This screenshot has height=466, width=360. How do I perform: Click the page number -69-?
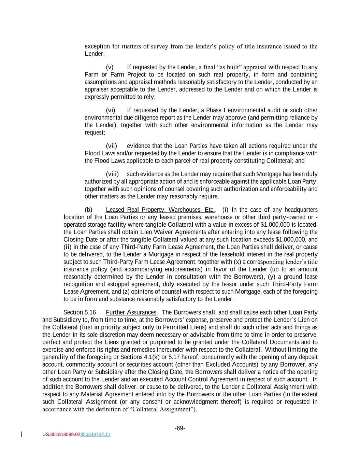(x=180, y=428)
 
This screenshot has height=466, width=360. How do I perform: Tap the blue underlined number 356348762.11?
(x=95, y=435)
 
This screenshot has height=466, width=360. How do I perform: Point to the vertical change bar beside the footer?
(x=22, y=434)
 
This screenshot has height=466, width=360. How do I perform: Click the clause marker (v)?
(x=110, y=67)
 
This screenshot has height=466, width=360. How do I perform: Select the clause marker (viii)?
(x=112, y=174)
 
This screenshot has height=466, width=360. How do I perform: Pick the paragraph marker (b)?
(x=88, y=210)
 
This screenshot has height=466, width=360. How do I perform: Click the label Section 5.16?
(x=80, y=312)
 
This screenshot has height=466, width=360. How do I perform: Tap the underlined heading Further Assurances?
(x=131, y=312)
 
